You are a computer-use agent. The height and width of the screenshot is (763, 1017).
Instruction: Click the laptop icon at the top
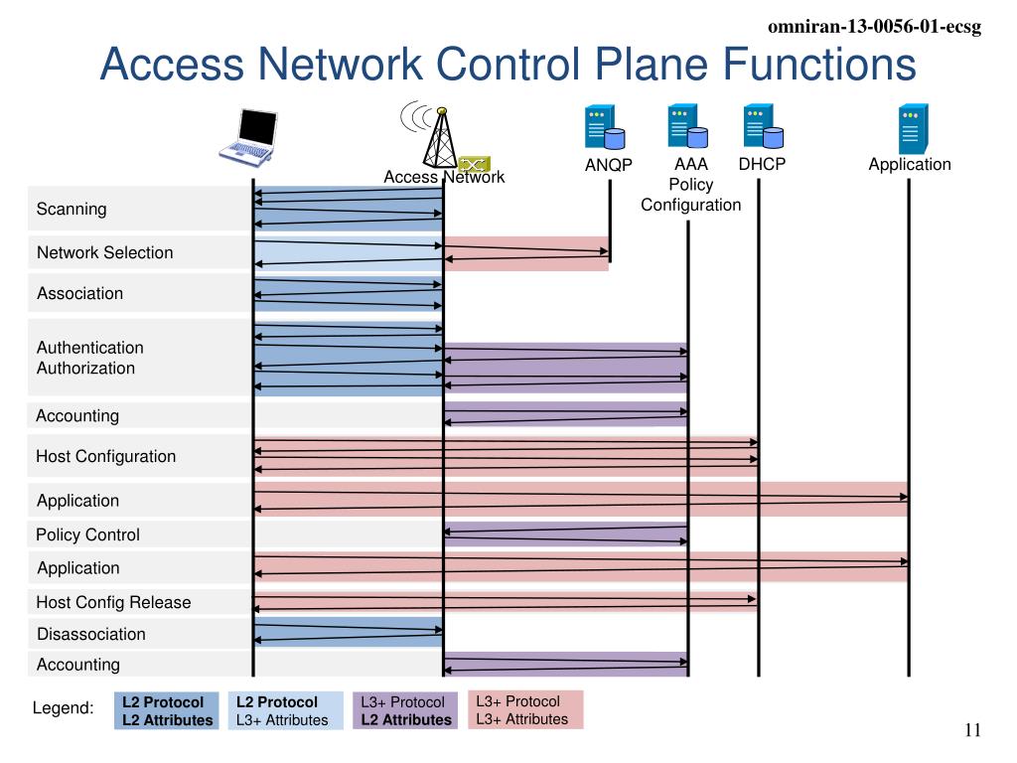pos(248,136)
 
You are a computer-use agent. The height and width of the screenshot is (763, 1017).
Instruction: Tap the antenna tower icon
pos(437,133)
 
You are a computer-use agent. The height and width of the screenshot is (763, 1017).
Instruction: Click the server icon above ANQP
pos(604,128)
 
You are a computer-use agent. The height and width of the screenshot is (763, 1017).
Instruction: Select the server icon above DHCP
pos(762,127)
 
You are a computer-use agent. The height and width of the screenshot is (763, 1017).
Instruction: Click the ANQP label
pos(608,166)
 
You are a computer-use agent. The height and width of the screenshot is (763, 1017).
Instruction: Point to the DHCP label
pos(762,164)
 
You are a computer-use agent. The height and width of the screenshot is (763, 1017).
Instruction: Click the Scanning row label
pos(72,209)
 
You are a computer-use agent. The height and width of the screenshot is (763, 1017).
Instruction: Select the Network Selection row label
pos(104,252)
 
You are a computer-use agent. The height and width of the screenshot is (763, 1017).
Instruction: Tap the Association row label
pos(80,293)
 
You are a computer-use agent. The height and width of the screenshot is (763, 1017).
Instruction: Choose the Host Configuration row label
pos(105,456)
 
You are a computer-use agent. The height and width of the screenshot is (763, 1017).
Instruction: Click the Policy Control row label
pos(87,534)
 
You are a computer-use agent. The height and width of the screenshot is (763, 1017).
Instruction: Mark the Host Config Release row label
pos(113,602)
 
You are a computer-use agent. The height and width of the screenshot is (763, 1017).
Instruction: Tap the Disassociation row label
pos(91,634)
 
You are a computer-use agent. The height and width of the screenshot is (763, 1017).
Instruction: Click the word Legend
pos(64,708)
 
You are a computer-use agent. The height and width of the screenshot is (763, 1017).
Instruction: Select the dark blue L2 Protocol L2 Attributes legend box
pos(167,710)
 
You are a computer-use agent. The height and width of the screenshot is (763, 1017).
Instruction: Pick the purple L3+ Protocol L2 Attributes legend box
pos(405,710)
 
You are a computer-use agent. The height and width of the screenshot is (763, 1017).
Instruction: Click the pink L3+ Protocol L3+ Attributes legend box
pos(524,709)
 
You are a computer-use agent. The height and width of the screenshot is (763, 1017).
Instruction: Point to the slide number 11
pos(972,730)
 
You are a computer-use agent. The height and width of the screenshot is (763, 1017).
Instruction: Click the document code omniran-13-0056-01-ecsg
pos(874,28)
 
